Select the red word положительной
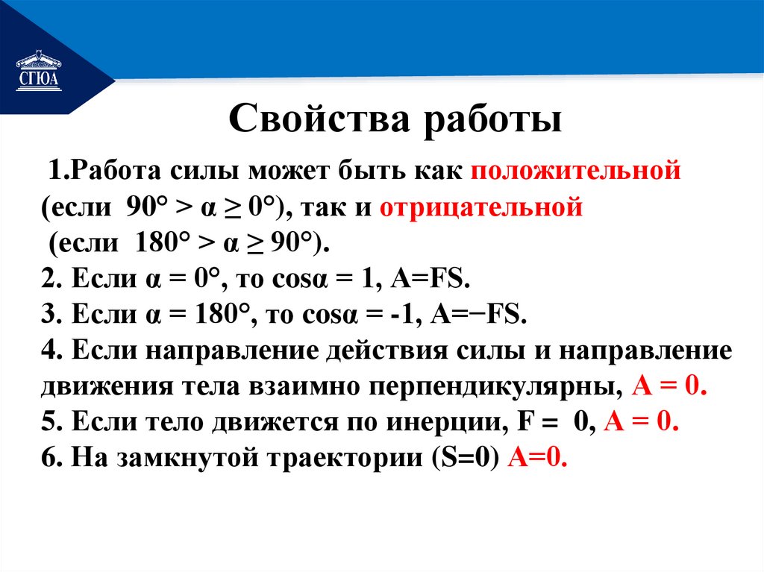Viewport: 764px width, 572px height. coord(575,171)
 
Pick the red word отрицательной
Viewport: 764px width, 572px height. coord(480,206)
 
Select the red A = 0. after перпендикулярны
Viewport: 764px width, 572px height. coord(668,387)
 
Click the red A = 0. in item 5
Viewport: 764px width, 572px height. coord(641,423)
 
